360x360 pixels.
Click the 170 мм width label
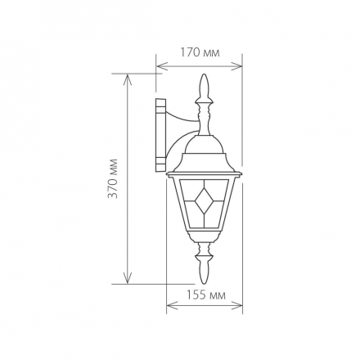coord(199,52)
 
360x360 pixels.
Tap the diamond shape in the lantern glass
coord(205,196)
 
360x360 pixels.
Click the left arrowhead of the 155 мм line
coord(169,307)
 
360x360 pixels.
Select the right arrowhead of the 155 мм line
coord(240,307)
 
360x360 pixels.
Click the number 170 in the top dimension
coord(190,52)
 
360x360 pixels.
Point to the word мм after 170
coord(210,52)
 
